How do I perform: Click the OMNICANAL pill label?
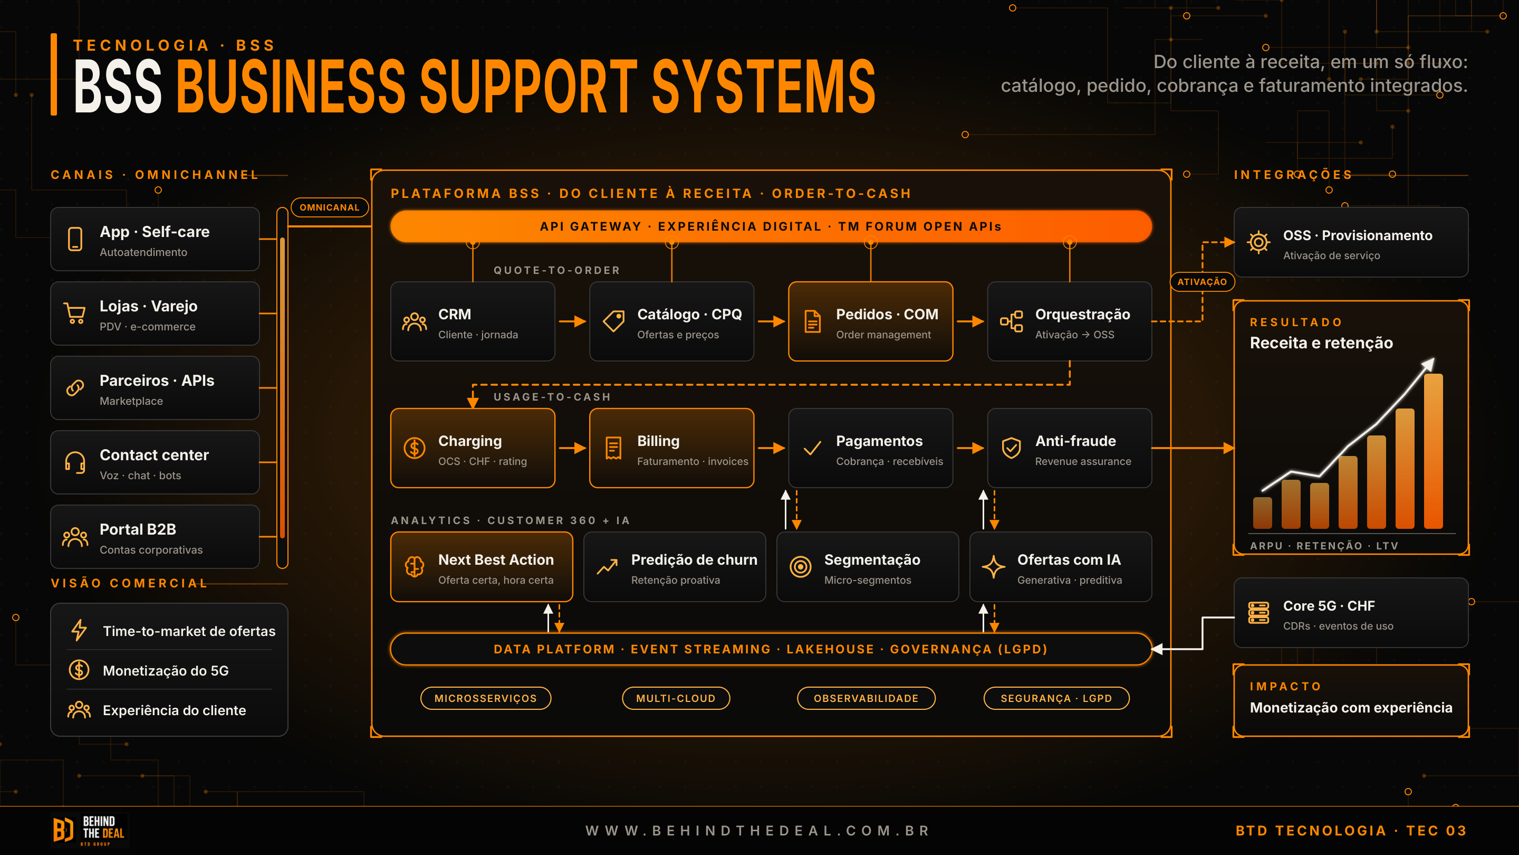tap(330, 207)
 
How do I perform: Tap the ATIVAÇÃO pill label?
tap(1202, 281)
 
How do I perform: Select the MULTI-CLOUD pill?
tap(676, 698)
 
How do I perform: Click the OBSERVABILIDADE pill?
tap(866, 698)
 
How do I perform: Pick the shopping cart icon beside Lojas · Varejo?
tap(75, 313)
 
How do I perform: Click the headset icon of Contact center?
tap(75, 462)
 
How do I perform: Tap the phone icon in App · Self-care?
tap(75, 239)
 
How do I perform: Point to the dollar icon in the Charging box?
tap(415, 448)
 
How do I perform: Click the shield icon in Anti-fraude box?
tap(1011, 448)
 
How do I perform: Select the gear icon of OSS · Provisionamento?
tap(1258, 242)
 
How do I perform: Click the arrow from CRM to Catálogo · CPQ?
tap(572, 321)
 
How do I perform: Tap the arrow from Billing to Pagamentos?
tap(771, 449)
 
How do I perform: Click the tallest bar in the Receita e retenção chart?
tap(1434, 451)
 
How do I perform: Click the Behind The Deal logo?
tap(89, 830)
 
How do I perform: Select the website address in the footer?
tap(758, 831)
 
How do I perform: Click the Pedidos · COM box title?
tap(887, 315)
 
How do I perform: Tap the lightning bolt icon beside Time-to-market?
tap(79, 630)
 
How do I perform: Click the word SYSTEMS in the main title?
tap(764, 86)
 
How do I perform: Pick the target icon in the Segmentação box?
tap(801, 566)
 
